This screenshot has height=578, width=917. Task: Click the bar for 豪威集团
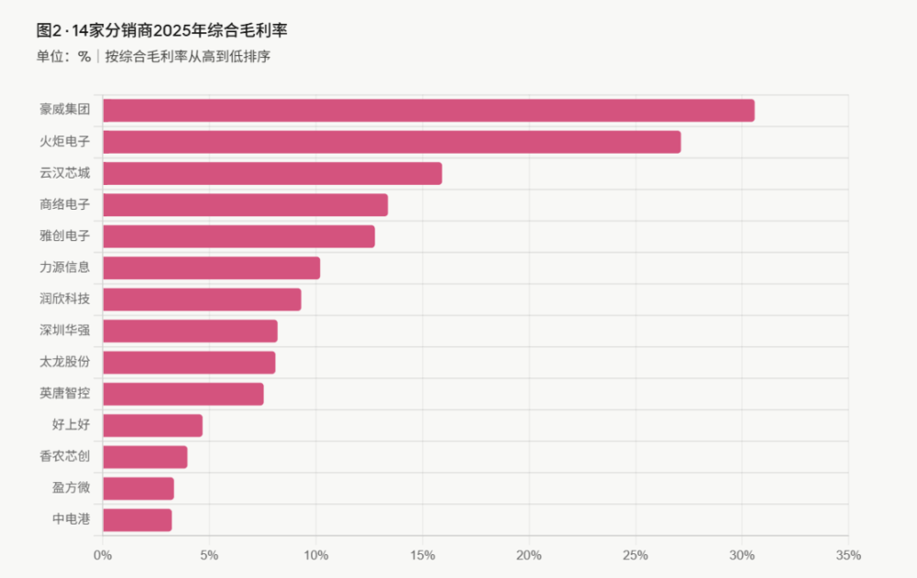point(428,111)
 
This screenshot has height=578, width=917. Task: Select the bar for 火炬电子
point(392,142)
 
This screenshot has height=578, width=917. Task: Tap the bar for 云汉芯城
point(272,173)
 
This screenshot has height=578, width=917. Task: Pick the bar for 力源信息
point(212,268)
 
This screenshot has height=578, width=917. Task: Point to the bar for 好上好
point(152,425)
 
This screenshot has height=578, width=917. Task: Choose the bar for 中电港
point(138,520)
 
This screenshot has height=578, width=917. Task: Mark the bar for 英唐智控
point(183,394)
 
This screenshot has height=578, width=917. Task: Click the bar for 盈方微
point(138,488)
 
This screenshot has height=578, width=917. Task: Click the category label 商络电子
point(65,204)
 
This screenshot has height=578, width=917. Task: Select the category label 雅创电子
point(65,236)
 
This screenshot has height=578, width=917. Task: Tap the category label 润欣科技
point(65,300)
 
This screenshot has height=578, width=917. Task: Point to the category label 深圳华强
point(65,331)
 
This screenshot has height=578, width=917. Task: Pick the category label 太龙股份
point(65,363)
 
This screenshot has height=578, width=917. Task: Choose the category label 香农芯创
point(65,456)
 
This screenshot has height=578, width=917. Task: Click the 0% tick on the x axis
point(103,555)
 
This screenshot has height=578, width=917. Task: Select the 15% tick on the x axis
point(422,555)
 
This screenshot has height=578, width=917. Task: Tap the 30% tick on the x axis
point(742,555)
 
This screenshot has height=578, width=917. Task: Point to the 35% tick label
point(848,555)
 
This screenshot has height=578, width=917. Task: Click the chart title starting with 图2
point(161,30)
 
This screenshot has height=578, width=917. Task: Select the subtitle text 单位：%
point(63,57)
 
